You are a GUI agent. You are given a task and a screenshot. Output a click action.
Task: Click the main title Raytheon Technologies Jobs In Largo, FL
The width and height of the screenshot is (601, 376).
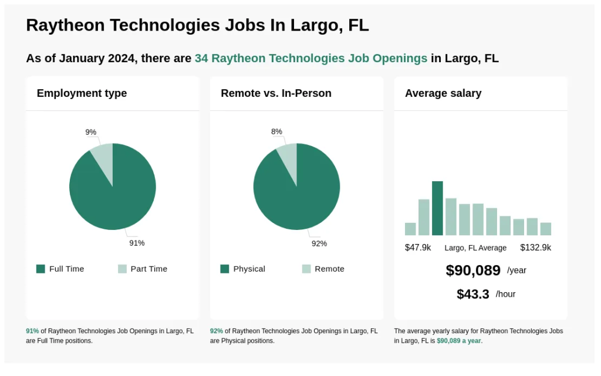point(197,25)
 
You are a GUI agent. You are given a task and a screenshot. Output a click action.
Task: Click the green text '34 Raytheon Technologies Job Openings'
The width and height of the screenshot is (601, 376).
point(310,58)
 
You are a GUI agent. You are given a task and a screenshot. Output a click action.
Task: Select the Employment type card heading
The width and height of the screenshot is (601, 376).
point(82,93)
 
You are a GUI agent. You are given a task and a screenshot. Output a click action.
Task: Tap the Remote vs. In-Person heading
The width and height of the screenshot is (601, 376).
point(276,93)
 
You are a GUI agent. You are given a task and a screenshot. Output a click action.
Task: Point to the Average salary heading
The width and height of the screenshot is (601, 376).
point(443,93)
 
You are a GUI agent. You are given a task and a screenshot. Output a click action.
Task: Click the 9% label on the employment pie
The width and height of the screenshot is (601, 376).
point(90,132)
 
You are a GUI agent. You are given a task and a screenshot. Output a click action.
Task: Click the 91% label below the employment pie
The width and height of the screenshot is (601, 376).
point(137,243)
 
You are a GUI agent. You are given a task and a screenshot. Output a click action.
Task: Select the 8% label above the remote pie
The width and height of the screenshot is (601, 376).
point(276,131)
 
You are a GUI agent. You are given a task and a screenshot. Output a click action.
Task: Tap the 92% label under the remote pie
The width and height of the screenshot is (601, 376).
point(319,243)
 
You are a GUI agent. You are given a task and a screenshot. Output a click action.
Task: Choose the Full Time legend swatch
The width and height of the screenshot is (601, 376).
point(40,269)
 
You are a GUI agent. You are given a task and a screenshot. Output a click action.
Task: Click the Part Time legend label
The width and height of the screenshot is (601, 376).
point(148,269)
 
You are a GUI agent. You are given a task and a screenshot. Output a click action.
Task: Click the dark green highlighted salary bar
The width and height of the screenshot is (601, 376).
point(437,208)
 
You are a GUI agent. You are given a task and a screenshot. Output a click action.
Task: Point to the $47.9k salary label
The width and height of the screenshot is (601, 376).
point(418,248)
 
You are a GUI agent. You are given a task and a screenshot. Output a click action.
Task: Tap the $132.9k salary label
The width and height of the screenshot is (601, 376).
point(535,248)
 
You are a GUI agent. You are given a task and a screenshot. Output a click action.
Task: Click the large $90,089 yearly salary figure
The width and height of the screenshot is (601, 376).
point(473,270)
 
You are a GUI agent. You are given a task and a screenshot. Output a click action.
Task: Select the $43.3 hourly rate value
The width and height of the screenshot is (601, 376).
point(472,294)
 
